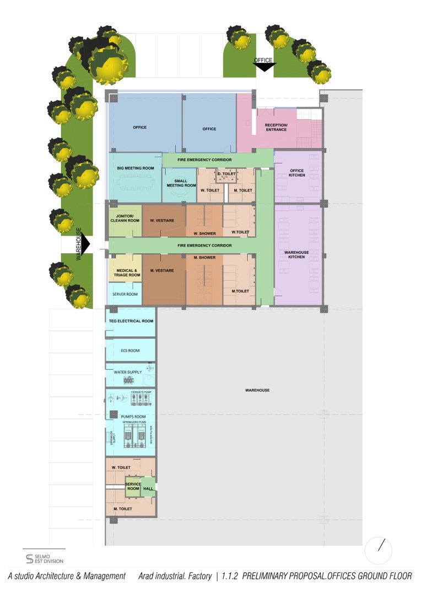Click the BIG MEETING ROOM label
click(136, 168)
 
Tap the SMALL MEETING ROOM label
click(181, 183)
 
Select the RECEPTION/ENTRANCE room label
click(276, 127)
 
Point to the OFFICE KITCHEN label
click(297, 172)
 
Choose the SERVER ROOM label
click(125, 294)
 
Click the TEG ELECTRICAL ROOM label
click(131, 321)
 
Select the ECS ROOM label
click(130, 350)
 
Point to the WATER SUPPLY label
click(127, 372)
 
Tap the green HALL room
click(148, 488)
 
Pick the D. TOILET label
click(226, 174)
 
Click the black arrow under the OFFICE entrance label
click(264, 67)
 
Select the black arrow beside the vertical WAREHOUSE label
click(87, 244)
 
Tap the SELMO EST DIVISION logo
click(45, 558)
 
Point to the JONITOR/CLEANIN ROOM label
click(125, 218)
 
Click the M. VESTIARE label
click(161, 270)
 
